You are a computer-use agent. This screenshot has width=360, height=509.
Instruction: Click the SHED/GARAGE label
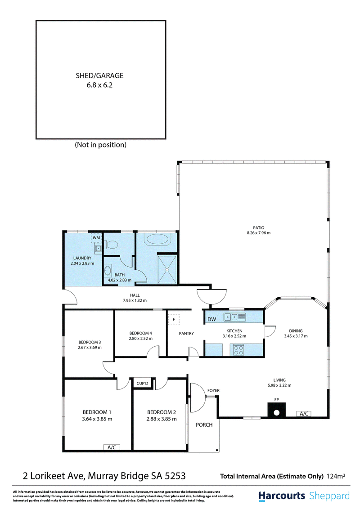(x=99, y=76)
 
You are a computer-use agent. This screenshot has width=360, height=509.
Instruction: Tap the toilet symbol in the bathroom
(x=111, y=244)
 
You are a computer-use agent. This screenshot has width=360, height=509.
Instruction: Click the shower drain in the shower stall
(x=166, y=269)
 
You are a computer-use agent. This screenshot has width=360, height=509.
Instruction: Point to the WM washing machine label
(x=96, y=237)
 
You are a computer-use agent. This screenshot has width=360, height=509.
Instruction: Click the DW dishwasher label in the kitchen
(x=211, y=319)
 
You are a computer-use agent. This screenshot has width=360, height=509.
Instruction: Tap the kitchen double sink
(x=234, y=317)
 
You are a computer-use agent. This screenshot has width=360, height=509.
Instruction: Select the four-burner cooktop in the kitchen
(x=239, y=350)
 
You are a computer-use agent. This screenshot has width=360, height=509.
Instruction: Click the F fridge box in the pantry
(x=174, y=319)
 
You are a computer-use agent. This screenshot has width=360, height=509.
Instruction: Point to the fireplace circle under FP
(x=276, y=413)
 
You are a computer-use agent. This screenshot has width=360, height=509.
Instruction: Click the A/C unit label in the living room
(x=304, y=414)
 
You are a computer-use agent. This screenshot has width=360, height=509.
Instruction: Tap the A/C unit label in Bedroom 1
(x=112, y=447)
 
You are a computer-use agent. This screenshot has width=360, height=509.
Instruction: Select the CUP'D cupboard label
(x=142, y=384)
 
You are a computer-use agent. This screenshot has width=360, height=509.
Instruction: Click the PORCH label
(x=204, y=424)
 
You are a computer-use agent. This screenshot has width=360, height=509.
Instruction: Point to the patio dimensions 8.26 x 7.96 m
(x=259, y=233)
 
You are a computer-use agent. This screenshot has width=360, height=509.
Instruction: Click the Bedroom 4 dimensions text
(x=141, y=338)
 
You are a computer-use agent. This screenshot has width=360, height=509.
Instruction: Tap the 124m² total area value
(x=336, y=476)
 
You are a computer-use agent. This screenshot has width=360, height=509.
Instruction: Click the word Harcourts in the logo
(x=282, y=496)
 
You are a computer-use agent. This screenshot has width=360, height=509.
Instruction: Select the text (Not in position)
(x=100, y=145)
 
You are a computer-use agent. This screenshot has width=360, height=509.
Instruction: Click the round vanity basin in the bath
(x=108, y=270)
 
